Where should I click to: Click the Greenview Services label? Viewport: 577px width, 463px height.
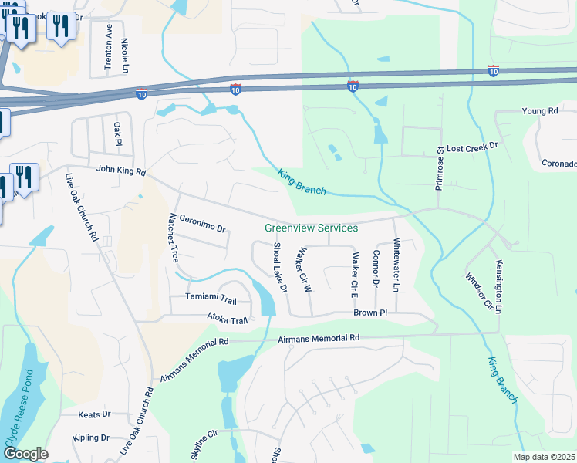[311, 228]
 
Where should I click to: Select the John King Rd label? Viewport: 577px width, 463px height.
[120, 170]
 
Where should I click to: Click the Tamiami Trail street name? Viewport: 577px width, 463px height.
[211, 297]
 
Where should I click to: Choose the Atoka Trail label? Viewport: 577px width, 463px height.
[227, 316]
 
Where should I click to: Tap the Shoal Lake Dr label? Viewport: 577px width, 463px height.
[279, 267]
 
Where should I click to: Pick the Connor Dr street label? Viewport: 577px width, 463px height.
[376, 269]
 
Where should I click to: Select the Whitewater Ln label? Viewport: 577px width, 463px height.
[396, 265]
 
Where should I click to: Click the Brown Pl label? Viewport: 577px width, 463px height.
[369, 313]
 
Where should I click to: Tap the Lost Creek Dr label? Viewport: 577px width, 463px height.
[473, 146]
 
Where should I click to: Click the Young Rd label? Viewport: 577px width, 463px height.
[539, 111]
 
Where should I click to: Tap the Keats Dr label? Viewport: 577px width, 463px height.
[95, 414]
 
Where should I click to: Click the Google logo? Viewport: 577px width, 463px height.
[25, 454]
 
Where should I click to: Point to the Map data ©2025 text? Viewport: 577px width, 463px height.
[544, 457]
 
